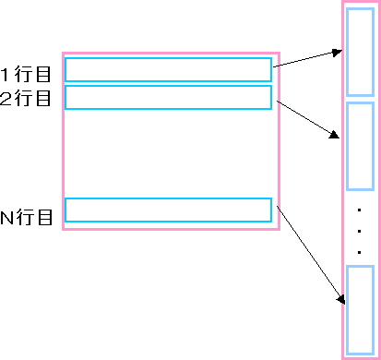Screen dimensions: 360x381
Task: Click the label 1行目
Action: pyautogui.click(x=26, y=72)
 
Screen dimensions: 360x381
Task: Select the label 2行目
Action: pyautogui.click(x=26, y=97)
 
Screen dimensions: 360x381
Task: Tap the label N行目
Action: pyautogui.click(x=26, y=218)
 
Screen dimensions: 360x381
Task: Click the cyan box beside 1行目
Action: pyautogui.click(x=168, y=69)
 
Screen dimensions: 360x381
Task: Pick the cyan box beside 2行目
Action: pyautogui.click(x=168, y=97)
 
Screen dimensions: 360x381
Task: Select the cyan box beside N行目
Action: pyautogui.click(x=168, y=210)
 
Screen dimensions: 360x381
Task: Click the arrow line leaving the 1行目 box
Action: pyautogui.click(x=304, y=59)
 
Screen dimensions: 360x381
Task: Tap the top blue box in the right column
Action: pyautogui.click(x=360, y=54)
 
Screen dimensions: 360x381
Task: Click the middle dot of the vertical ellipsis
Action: pyautogui.click(x=359, y=231)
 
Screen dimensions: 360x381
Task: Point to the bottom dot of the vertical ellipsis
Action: pyautogui.click(x=359, y=250)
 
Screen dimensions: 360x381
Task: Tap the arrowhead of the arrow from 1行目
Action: pyautogui.click(x=337, y=52)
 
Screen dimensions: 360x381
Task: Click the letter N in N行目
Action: pyautogui.click(x=6, y=218)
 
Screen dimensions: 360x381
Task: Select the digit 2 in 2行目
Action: pyautogui.click(x=6, y=97)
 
